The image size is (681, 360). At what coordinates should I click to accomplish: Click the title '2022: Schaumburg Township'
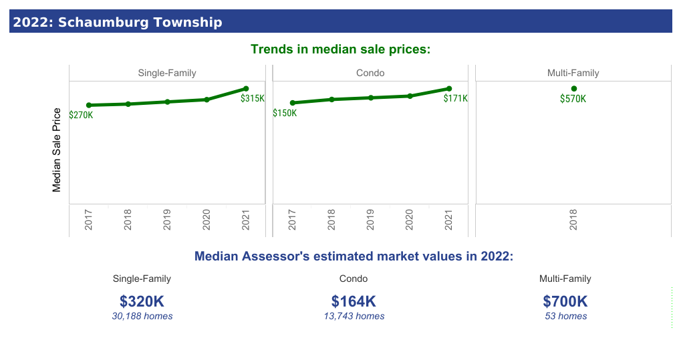pos(118,22)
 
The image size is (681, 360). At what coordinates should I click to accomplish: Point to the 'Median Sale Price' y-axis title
pos(57,150)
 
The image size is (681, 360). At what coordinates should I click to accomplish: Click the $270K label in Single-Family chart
pos(81,115)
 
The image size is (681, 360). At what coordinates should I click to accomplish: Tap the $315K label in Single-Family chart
pos(253,98)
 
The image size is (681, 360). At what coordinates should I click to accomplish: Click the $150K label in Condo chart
pos(285,113)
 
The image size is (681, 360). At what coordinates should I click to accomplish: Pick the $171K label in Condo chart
pos(456,98)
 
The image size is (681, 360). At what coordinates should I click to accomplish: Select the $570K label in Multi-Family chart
pos(573,99)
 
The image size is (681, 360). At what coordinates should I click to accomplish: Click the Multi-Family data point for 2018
pos(573,89)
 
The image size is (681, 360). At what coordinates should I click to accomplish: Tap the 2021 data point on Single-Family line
pos(246,89)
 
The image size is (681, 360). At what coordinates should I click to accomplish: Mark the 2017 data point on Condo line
pos(292,103)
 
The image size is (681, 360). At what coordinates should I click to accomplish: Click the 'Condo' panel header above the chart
pos(371,73)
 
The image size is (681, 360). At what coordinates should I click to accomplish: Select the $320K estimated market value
pos(142,301)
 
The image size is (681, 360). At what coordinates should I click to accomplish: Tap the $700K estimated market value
pos(565,301)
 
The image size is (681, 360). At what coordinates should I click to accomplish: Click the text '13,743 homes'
pos(354,316)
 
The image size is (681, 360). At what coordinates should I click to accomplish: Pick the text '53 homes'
pos(565,316)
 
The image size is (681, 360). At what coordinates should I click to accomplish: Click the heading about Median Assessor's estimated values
pos(353,256)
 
